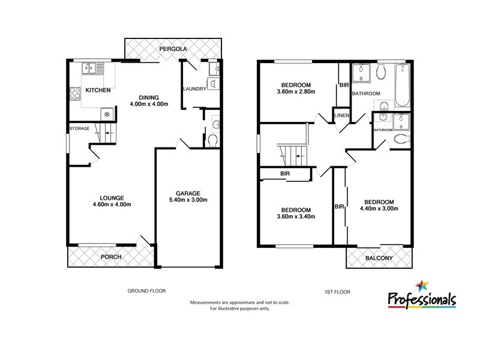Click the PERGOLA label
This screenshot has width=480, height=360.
[x=174, y=48]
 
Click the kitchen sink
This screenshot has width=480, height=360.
[x=91, y=68]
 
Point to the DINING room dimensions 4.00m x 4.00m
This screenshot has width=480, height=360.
[x=149, y=104]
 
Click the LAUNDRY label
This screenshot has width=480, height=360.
[x=195, y=89]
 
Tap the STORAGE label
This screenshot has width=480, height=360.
[x=79, y=128]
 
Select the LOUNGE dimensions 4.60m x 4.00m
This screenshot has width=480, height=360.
[x=112, y=205]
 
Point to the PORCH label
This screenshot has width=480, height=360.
[x=111, y=257]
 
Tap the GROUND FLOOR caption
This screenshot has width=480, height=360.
[x=146, y=290]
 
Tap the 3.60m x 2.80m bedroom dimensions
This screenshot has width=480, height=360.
[x=298, y=92]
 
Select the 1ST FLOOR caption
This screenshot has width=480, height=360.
[x=338, y=292]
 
